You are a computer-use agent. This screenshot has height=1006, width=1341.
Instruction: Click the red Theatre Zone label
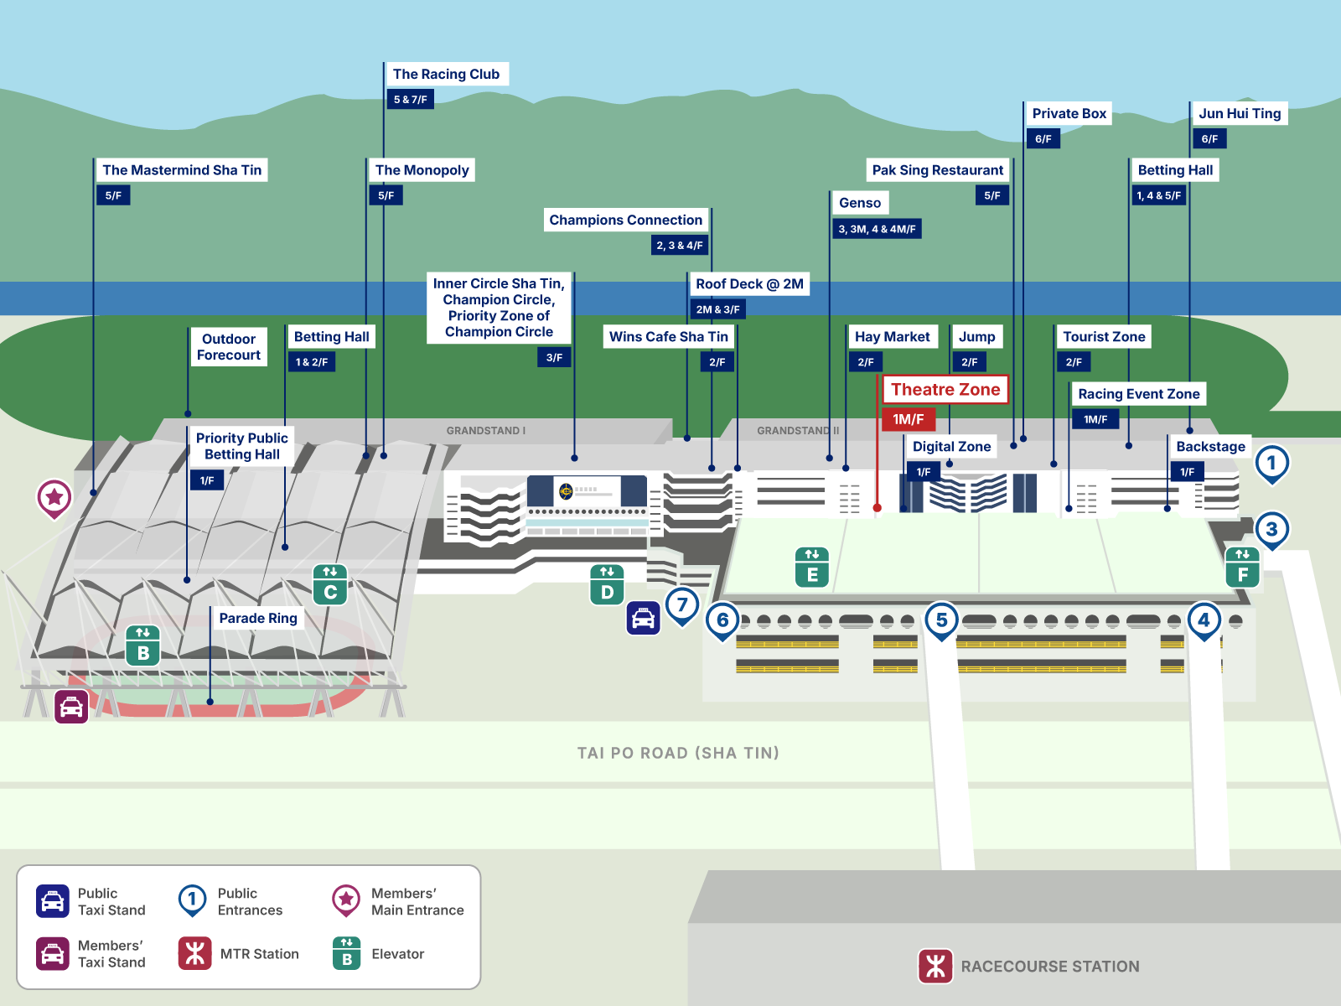945,389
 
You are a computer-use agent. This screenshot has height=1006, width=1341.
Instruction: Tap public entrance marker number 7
682,604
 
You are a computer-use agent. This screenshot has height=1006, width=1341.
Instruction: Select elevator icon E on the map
812,567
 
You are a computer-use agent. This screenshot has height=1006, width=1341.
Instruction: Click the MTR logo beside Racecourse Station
935,966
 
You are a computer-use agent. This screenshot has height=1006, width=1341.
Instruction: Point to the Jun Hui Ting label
1239,113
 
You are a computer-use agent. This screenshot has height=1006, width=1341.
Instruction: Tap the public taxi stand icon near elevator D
643,619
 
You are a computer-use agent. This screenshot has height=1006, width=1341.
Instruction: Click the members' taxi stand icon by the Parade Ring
71,707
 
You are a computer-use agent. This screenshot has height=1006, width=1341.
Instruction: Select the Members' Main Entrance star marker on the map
54,497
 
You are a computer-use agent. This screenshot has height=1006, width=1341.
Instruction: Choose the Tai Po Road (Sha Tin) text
678,753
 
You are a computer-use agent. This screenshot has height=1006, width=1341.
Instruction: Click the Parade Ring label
258,618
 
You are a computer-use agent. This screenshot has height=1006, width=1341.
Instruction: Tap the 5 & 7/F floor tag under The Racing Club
410,99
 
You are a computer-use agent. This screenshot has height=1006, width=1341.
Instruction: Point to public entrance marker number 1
1271,463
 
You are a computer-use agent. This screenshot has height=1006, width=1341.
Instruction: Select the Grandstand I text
485,431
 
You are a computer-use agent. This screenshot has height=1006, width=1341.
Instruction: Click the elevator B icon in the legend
346,953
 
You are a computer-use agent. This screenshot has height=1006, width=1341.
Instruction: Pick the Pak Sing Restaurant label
937,170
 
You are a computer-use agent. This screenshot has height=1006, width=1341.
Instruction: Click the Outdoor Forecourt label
228,347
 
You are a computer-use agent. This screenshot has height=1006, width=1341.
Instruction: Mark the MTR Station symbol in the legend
194,953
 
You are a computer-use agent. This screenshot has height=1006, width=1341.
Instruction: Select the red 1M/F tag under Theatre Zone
908,419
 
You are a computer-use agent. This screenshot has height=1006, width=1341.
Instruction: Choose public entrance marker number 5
941,620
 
